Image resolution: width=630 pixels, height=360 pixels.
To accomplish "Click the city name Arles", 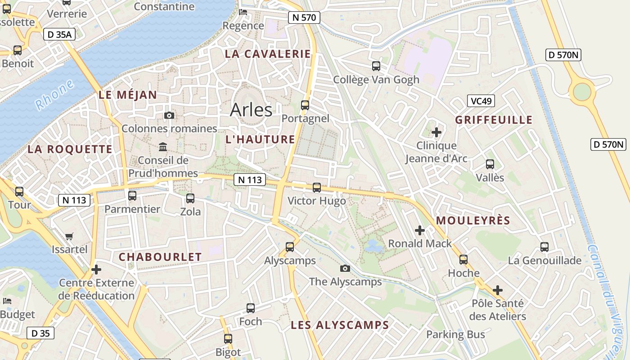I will pos(251,110).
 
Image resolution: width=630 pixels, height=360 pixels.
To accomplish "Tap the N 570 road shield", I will pos(304,18).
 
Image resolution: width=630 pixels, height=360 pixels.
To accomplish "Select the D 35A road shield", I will pos(58,34).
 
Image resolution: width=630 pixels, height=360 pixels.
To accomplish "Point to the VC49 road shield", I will pos(481,101).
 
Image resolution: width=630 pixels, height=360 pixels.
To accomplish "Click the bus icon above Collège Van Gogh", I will pos(376,66).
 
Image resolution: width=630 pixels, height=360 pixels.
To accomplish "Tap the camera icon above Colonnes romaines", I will pos(169,116).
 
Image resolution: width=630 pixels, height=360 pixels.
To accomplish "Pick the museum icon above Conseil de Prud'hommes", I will pos(163,147).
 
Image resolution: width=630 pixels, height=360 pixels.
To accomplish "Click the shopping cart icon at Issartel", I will pos(69,236).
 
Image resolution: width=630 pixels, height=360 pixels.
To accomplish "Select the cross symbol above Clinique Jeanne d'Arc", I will pos(436,132).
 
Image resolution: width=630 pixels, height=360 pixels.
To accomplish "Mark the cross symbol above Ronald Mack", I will pos(420,230).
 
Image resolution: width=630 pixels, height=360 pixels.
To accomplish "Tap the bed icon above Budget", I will pos(7,301).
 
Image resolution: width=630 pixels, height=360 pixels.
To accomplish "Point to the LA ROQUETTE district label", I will pos(70,149).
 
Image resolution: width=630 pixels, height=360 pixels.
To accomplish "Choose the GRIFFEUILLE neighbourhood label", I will pos(494,120).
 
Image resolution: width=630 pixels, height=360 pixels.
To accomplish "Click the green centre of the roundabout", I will pos(582,92).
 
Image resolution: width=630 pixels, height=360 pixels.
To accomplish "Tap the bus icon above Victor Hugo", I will pos(317,188).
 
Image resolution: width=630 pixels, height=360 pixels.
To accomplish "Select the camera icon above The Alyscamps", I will pos(345,269).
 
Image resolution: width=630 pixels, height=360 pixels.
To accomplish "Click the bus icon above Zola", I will pos(190,198).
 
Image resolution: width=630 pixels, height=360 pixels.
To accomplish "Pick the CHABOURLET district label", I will pos(160,257).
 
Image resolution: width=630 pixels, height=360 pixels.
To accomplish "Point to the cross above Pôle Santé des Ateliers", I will pos(497,290).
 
